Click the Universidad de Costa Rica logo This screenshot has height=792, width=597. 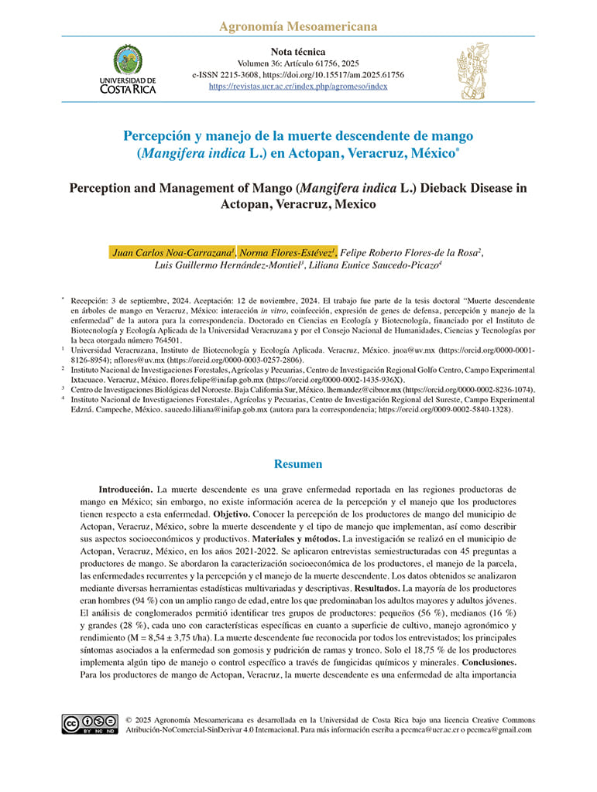click(x=128, y=69)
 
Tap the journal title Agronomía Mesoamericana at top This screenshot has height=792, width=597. click(x=298, y=27)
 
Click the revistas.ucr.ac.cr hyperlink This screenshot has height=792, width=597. click(x=298, y=87)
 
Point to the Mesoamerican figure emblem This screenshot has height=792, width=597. click(x=472, y=71)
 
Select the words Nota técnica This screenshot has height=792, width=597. click(x=299, y=52)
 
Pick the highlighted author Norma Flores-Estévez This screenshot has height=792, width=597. click(x=286, y=252)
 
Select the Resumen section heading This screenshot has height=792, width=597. click(x=298, y=464)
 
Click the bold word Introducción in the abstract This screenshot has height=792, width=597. click(x=125, y=490)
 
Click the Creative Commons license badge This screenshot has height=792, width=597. click(x=90, y=724)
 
